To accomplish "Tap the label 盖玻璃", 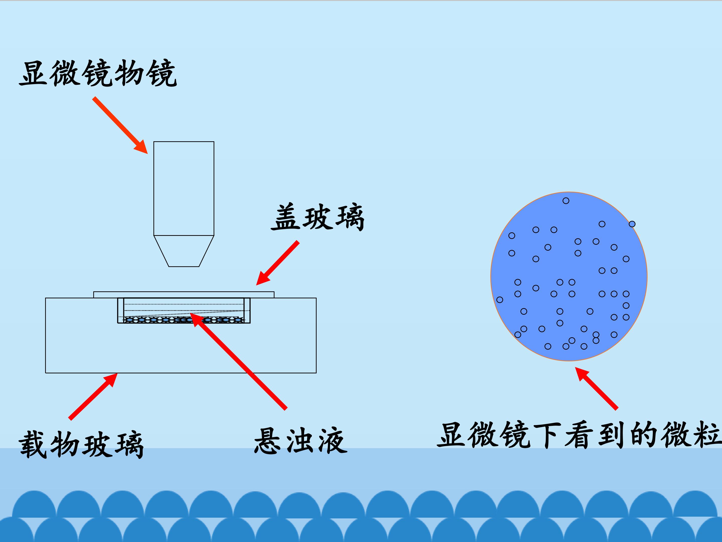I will pyautogui.click(x=317, y=217).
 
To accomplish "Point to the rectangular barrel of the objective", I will pyautogui.click(x=184, y=188).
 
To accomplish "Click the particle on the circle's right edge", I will pyautogui.click(x=632, y=224).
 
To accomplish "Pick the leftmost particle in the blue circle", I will pyautogui.click(x=500, y=300).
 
